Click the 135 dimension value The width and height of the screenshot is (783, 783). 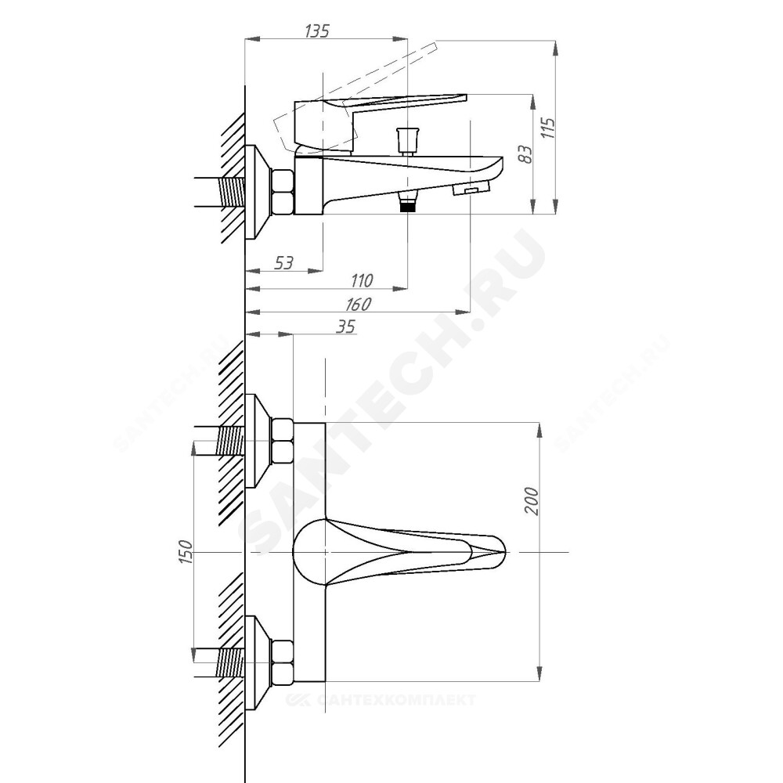[x=317, y=31]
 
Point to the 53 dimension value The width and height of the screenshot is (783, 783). [x=283, y=262]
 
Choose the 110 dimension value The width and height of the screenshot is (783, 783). [x=362, y=280]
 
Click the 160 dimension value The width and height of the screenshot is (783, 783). [x=359, y=304]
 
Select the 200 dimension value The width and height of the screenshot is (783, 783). [x=532, y=501]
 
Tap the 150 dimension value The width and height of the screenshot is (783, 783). [x=185, y=552]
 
